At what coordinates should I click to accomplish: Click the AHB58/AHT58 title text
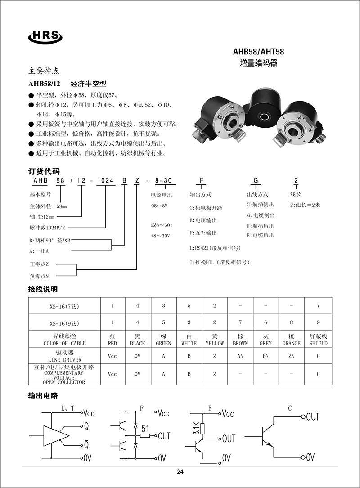click(258, 52)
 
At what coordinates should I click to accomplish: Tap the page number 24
click(180, 472)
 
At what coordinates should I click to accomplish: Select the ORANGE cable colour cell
click(292, 340)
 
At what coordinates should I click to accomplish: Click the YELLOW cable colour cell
click(215, 340)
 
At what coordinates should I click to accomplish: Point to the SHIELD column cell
click(318, 340)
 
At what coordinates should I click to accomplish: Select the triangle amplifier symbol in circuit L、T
click(56, 435)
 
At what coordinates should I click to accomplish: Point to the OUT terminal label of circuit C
click(312, 417)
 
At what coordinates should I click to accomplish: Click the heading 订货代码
click(44, 171)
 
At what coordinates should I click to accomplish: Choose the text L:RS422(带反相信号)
click(215, 248)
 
